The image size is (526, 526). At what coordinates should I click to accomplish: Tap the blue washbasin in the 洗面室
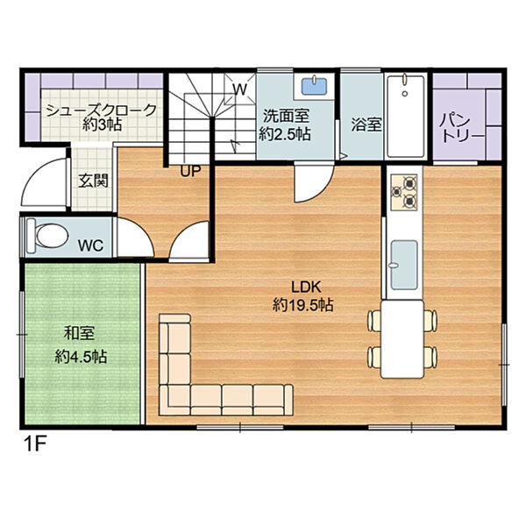[314, 86]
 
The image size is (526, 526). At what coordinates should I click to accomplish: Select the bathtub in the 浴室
[406, 116]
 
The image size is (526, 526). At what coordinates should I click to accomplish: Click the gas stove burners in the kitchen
[404, 192]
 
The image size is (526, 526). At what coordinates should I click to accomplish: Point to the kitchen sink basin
[404, 265]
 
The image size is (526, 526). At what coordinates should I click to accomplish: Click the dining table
[402, 339]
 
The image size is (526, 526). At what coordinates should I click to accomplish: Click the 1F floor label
[34, 444]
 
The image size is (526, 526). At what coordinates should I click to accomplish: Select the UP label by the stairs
[190, 171]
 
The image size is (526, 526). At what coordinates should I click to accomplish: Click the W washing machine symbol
[240, 89]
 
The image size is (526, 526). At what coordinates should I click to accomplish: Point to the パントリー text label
[462, 129]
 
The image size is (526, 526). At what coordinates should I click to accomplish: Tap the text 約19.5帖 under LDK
[303, 305]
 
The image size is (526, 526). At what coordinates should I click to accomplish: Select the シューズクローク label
[102, 110]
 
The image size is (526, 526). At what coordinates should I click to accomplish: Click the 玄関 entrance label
[93, 181]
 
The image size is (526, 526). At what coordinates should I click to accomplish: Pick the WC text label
[90, 245]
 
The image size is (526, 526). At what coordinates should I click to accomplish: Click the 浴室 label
[366, 124]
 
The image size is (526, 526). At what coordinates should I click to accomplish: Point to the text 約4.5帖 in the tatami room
[82, 357]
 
